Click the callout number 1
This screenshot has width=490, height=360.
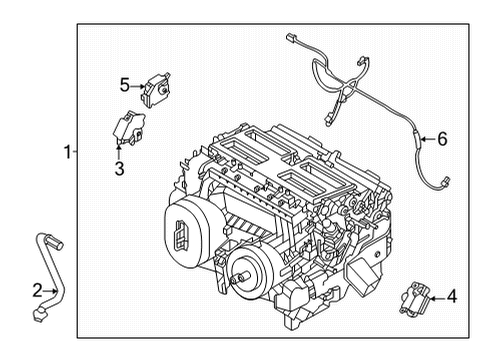click(x=67, y=153)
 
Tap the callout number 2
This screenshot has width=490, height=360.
click(x=37, y=290)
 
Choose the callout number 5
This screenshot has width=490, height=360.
click(x=124, y=84)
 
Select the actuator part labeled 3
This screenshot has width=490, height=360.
click(x=127, y=126)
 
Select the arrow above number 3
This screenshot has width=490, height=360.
click(x=118, y=150)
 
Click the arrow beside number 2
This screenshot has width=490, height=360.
click(x=52, y=290)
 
